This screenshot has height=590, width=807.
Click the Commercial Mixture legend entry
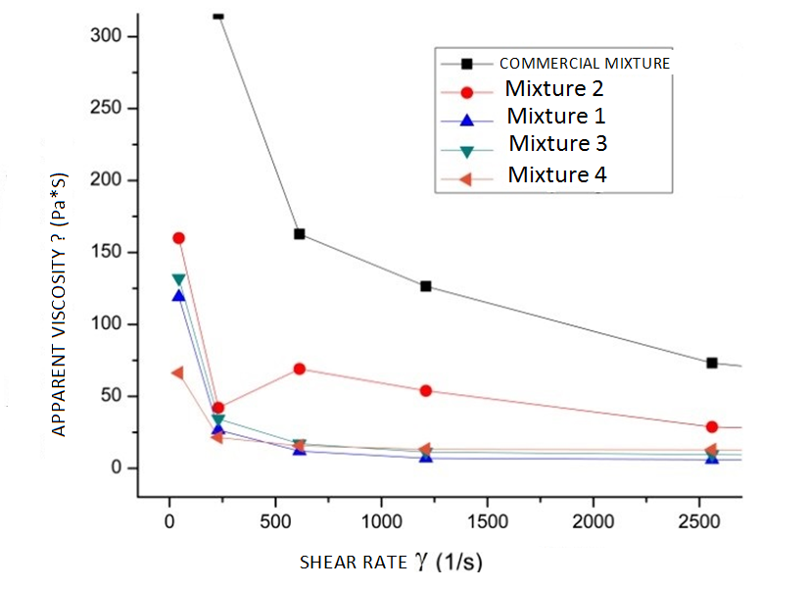(584, 63)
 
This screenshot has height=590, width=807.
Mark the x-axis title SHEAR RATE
(390, 563)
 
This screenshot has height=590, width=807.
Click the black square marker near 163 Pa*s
(300, 233)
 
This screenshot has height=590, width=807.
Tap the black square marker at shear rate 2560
(712, 363)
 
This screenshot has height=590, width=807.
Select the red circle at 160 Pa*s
(178, 238)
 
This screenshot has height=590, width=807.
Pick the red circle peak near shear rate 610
(300, 369)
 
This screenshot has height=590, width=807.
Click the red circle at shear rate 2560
(712, 427)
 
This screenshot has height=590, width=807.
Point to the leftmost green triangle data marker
(178, 279)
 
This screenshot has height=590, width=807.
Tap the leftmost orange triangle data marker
(177, 373)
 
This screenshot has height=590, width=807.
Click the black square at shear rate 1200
(426, 286)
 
